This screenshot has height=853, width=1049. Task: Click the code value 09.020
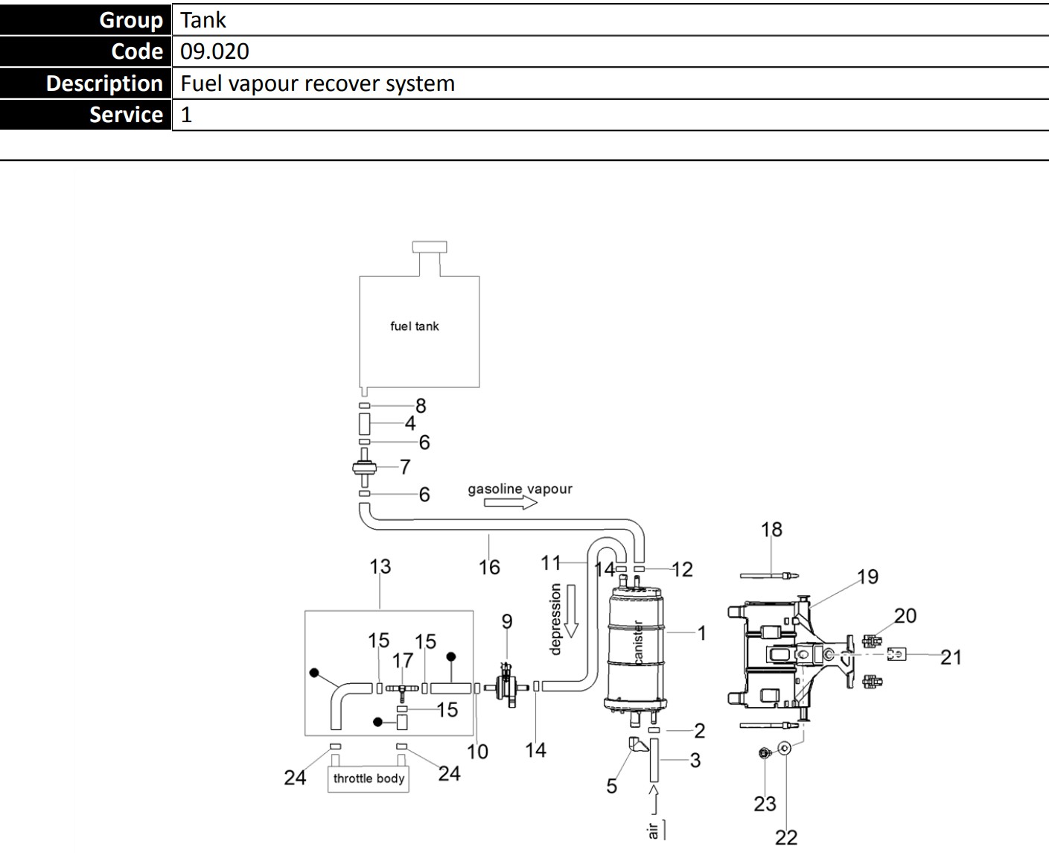(214, 51)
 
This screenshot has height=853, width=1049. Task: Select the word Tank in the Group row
(203, 20)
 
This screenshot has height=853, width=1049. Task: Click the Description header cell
(86, 83)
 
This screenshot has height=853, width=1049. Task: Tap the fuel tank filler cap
(430, 247)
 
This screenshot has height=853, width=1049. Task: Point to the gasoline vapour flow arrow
(510, 502)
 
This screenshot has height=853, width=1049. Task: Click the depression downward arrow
(571, 611)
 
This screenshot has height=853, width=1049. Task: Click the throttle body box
(369, 779)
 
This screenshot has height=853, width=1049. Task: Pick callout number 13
(380, 566)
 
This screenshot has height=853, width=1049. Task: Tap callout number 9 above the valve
(507, 621)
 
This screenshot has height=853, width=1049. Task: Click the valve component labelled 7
(365, 468)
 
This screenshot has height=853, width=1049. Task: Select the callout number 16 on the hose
(489, 567)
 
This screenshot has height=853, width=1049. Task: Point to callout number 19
(868, 577)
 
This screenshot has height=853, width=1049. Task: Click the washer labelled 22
(785, 749)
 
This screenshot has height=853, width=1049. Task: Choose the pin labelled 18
(769, 576)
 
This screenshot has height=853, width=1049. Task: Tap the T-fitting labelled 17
(402, 690)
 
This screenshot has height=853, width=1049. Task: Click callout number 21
(951, 657)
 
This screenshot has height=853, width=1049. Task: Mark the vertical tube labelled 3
(654, 760)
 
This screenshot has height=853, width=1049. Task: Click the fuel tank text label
(414, 326)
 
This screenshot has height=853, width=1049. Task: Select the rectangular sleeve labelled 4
(365, 424)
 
